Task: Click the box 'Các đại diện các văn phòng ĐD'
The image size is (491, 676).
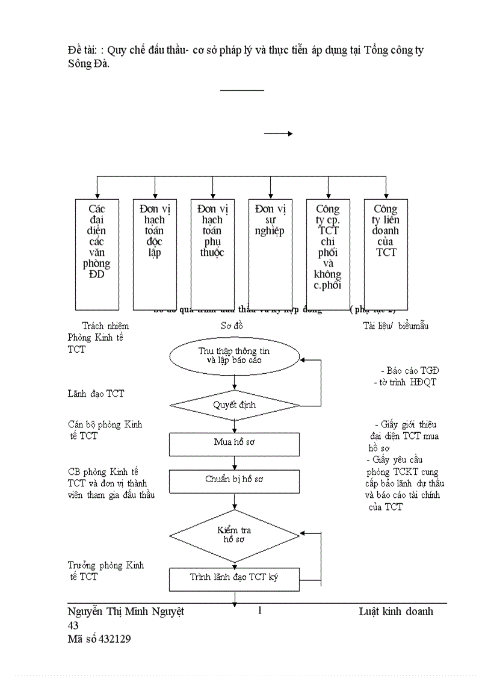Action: pyautogui.click(x=97, y=254)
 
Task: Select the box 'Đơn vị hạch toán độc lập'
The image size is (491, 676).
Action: pyautogui.click(x=155, y=254)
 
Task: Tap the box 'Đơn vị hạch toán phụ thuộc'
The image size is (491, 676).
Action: pyautogui.click(x=212, y=254)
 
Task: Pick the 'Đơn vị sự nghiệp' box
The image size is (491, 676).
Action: pyautogui.click(x=270, y=254)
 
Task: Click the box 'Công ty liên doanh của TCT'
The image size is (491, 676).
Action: pyautogui.click(x=386, y=254)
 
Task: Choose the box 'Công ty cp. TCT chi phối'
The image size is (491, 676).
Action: pyautogui.click(x=328, y=254)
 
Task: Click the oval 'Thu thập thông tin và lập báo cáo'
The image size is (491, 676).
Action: pyautogui.click(x=234, y=356)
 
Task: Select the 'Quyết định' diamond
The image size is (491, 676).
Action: pyautogui.click(x=234, y=405)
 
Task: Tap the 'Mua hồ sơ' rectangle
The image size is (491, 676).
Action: pyautogui.click(x=234, y=442)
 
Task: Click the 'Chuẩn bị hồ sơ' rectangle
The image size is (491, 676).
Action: pyautogui.click(x=234, y=480)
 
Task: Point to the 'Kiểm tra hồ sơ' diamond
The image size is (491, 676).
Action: pyautogui.click(x=234, y=535)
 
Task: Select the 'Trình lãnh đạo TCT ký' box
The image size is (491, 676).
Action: pyautogui.click(x=234, y=578)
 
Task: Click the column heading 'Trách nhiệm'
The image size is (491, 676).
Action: pyautogui.click(x=105, y=326)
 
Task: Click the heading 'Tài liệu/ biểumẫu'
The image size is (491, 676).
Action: pyautogui.click(x=395, y=326)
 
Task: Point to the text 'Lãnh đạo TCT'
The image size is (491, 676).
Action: pyautogui.click(x=96, y=394)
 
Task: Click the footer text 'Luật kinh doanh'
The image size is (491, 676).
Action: pyautogui.click(x=396, y=612)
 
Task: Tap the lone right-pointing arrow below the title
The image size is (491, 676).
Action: pyautogui.click(x=278, y=134)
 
